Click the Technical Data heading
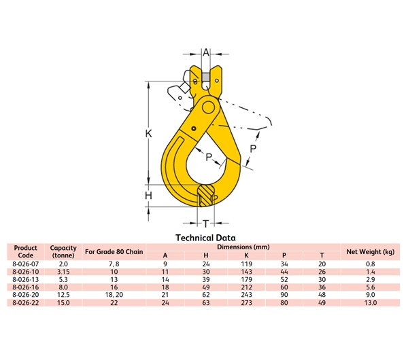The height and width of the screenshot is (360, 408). click(x=205, y=238)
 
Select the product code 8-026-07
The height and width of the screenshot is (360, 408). click(x=25, y=263)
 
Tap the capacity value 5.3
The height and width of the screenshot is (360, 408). click(x=63, y=279)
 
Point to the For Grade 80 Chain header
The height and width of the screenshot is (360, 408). click(x=114, y=252)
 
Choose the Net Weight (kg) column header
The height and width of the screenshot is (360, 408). click(x=370, y=252)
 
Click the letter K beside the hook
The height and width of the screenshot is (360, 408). click(x=148, y=134)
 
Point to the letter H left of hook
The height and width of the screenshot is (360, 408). click(x=148, y=196)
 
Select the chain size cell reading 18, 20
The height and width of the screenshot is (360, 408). click(x=114, y=295)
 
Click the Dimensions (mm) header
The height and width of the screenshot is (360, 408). click(x=245, y=247)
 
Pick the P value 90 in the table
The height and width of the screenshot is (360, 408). click(x=284, y=295)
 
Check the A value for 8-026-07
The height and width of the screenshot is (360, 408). click(x=165, y=263)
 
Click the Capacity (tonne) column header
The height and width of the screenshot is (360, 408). click(x=63, y=251)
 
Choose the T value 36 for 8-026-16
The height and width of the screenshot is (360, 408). click(x=322, y=287)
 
